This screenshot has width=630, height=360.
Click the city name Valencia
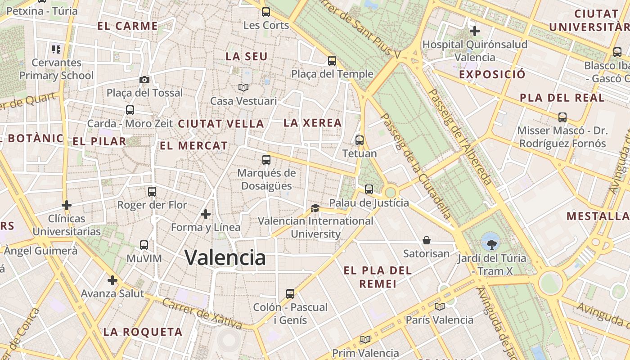pyautogui.click(x=225, y=258)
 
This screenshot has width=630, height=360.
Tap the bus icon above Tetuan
pyautogui.click(x=359, y=140)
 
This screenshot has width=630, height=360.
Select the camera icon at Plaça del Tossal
pyautogui.click(x=144, y=80)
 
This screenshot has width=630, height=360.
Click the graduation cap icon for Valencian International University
pyautogui.click(x=315, y=208)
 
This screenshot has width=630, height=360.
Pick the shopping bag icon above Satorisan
pyautogui.click(x=426, y=240)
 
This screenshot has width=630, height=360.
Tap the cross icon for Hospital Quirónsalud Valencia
pyautogui.click(x=474, y=31)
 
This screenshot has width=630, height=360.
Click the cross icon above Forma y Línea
pyautogui.click(x=206, y=214)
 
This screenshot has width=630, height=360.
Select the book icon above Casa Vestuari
pyautogui.click(x=243, y=87)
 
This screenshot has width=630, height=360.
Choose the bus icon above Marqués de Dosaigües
pyautogui.click(x=266, y=159)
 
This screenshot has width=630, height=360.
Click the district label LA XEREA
pyautogui.click(x=312, y=123)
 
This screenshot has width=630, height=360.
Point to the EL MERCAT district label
pyautogui.click(x=194, y=146)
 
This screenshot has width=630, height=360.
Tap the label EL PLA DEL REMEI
pyautogui.click(x=378, y=277)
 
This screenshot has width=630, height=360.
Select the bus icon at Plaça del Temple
pyautogui.click(x=332, y=60)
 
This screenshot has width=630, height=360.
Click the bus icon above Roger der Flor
pyautogui.click(x=152, y=191)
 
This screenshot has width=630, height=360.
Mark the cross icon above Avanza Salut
pyautogui.click(x=112, y=280)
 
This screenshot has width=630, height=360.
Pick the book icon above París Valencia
pyautogui.click(x=439, y=306)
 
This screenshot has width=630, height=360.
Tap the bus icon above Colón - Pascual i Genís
pyautogui.click(x=290, y=294)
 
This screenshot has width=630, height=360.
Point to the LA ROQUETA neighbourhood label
pyautogui.click(x=143, y=332)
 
